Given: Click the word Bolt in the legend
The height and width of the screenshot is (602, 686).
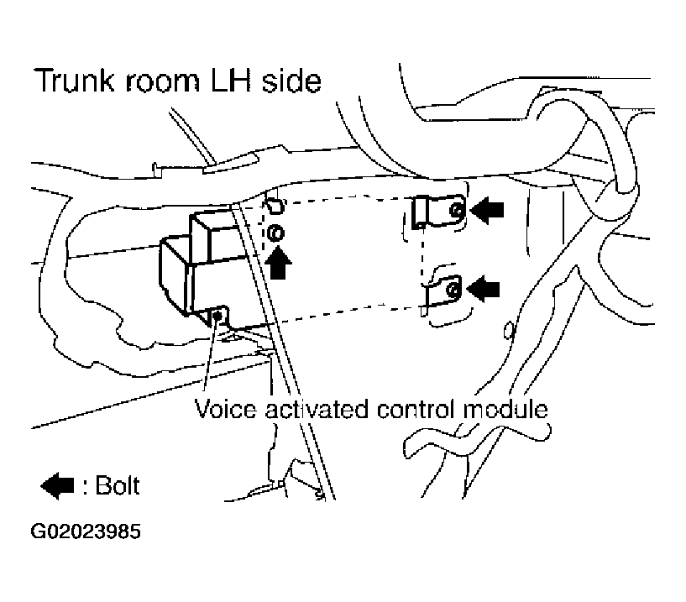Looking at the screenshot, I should (117, 484).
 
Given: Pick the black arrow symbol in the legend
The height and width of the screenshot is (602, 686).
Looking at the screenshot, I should (59, 484).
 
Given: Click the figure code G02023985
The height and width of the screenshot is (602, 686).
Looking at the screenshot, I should (86, 531).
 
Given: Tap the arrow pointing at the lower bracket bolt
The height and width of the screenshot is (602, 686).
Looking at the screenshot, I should (484, 289).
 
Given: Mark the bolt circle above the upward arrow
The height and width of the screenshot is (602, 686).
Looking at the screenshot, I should (279, 233).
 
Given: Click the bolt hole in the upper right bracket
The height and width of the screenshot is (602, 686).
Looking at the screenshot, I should (454, 211).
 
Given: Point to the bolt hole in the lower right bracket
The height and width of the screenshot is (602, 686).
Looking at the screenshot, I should (453, 290).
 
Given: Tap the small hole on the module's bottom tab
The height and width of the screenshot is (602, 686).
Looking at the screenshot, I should (218, 316).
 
